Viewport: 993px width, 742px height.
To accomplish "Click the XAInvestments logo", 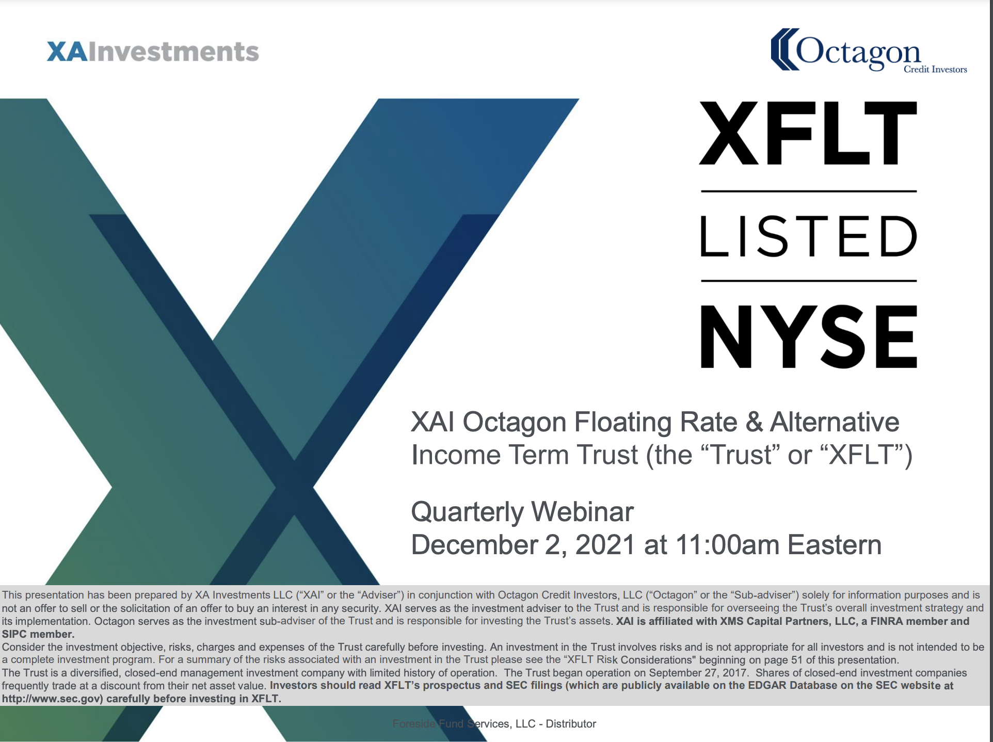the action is point(153,52).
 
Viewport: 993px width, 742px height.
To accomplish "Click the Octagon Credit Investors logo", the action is point(869,51).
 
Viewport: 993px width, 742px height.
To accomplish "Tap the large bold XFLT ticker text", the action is point(808,133).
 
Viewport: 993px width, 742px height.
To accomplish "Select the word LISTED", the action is point(808,236).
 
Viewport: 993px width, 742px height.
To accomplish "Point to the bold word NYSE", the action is point(808,336).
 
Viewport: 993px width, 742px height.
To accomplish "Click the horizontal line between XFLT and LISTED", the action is point(809,191).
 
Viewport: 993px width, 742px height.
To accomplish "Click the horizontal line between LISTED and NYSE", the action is point(809,281).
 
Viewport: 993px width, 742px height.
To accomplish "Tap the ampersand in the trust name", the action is point(754,422).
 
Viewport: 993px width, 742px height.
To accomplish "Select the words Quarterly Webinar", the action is point(522,512).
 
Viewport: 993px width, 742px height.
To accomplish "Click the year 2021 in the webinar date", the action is point(605,545).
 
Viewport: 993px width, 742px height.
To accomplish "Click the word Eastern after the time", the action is point(835,545).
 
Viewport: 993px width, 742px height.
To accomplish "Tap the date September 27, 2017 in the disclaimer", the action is point(698,673).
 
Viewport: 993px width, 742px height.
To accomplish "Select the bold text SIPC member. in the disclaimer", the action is point(38,634).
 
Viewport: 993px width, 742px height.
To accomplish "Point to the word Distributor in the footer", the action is point(571,724).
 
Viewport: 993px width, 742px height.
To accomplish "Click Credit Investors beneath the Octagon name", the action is point(935,69).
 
